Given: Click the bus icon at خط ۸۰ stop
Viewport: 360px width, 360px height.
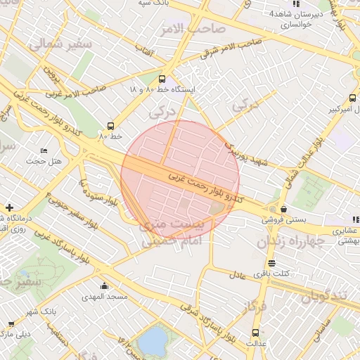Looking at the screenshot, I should [109, 124].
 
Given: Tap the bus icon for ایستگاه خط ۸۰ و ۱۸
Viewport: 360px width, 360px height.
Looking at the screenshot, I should [162, 79].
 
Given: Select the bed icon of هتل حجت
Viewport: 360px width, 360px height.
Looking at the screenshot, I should [44, 150].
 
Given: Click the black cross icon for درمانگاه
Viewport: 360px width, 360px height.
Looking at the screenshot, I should [8, 207].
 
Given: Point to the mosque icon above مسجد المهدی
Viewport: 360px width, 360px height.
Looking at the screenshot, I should [105, 285].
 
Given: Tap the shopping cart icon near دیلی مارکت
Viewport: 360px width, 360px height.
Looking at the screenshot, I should [11, 324].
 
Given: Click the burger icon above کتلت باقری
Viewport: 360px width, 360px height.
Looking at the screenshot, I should [271, 263].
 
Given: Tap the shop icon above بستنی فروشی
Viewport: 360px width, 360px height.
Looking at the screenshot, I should [283, 209].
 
